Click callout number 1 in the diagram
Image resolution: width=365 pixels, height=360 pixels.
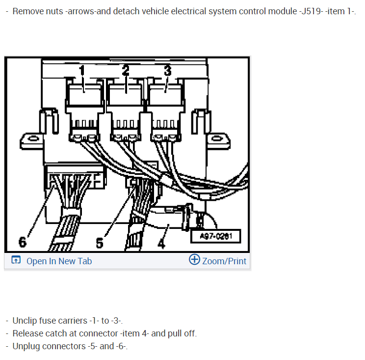pos(82,71)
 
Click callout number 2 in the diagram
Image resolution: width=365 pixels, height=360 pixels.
pos(126,70)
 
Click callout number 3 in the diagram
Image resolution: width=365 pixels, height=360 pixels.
pos(167,70)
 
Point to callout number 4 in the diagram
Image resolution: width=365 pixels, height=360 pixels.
pos(161,242)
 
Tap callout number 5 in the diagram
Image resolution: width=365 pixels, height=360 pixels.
pos(100,243)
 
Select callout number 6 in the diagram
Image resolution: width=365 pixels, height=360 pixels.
pos(22,242)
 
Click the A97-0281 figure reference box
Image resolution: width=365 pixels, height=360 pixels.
pos(216,236)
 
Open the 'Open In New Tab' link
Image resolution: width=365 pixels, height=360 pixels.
pos(59,261)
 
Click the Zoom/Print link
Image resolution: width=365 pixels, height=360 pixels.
pos(224,261)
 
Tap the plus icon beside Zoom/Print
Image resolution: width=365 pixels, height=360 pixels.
pos(194,260)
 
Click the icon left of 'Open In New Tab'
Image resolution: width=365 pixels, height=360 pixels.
pos(16,261)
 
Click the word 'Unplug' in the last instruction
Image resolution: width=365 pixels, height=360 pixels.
pos(26,346)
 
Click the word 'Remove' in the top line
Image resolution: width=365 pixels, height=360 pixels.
pos(27,11)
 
